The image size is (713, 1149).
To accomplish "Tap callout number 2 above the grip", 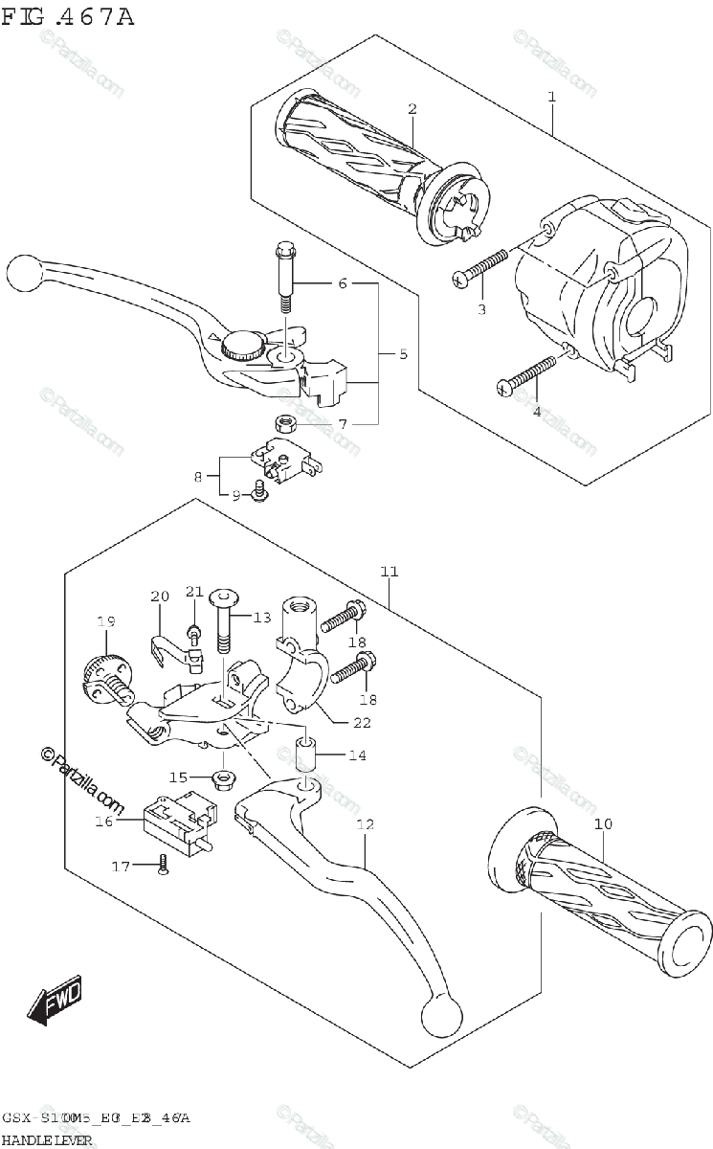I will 412,109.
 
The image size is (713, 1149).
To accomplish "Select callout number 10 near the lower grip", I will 604,824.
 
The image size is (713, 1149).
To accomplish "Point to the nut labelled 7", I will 283,421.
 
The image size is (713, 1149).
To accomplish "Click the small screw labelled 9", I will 258,492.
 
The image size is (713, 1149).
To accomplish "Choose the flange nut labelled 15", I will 222,777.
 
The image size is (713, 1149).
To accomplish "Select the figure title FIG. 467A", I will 68,16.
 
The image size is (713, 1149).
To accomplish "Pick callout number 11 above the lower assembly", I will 388,572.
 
